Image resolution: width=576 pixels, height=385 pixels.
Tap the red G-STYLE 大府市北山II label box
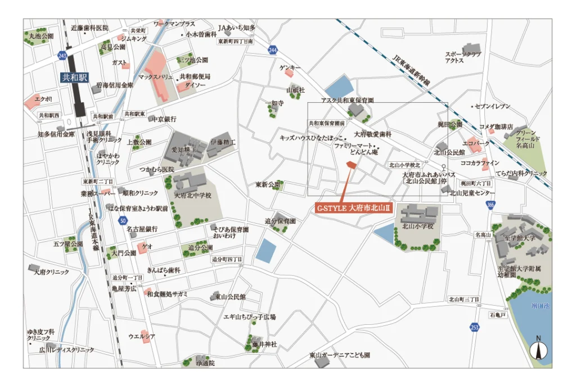click(x=353, y=208)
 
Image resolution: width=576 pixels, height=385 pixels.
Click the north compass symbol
click(x=538, y=350)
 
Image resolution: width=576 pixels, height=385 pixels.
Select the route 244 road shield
click(x=273, y=51)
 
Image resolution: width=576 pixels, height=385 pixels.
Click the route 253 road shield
click(x=475, y=327)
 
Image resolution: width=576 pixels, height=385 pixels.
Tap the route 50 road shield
click(x=123, y=221)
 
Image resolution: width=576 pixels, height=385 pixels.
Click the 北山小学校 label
click(x=417, y=227)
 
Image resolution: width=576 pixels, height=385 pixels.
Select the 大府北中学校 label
click(x=192, y=196)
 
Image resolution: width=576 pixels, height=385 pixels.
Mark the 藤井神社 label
click(x=264, y=344)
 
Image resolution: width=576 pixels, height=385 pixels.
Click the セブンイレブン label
click(x=493, y=106)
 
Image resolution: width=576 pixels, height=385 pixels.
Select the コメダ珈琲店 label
click(x=496, y=126)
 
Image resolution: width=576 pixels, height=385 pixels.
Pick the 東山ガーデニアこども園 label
click(x=339, y=355)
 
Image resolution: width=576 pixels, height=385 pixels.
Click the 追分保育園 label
click(x=280, y=221)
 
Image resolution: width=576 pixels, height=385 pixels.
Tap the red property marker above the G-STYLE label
click(x=350, y=164)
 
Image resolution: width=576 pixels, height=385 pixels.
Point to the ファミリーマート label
click(x=352, y=145)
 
